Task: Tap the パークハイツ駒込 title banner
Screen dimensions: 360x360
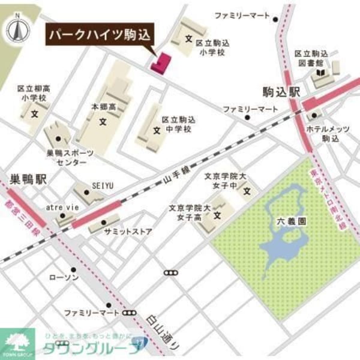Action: (100, 36)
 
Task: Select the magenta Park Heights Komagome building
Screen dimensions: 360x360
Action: (161, 63)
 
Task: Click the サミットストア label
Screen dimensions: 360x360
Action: (127, 232)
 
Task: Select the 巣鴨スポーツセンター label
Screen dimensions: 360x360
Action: (71, 157)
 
